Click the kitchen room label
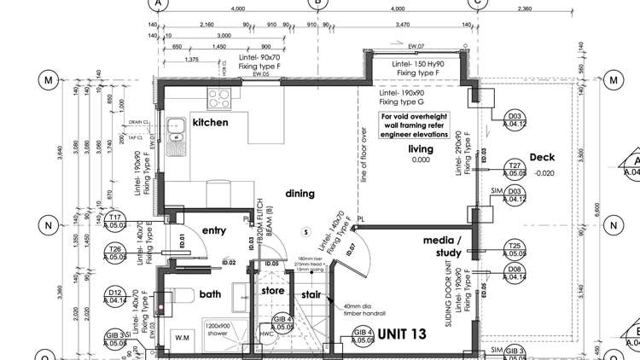pos(210,123)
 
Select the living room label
pos(420,148)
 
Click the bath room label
pos(210,294)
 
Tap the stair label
pos(311,295)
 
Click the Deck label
pos(542,158)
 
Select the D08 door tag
pos(515,273)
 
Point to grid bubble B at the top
pos(317,3)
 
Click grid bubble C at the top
pos(476,3)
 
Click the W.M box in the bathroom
pos(181,337)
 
